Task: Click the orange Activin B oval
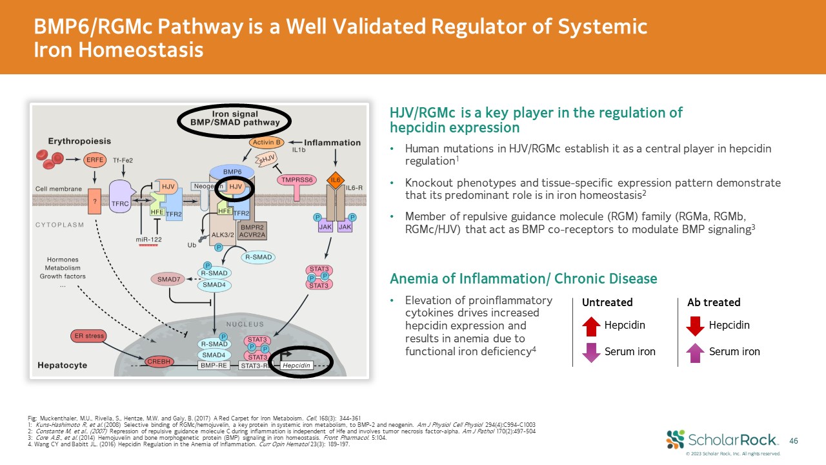(x=268, y=142)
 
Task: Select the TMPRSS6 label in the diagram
(x=297, y=181)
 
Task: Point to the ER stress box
(x=88, y=336)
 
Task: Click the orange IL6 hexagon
(x=335, y=179)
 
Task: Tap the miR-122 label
(x=150, y=240)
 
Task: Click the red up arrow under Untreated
(x=591, y=325)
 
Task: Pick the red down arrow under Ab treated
(x=695, y=325)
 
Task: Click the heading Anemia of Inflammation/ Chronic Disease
(x=523, y=278)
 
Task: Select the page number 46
(x=794, y=440)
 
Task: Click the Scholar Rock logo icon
(x=676, y=439)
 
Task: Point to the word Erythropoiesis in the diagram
(x=79, y=141)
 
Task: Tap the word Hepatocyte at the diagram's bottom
(x=63, y=365)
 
